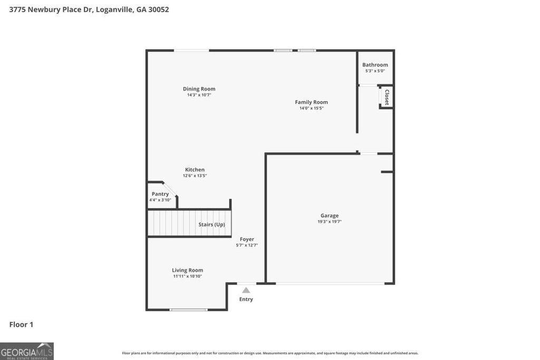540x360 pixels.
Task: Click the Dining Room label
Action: [x=199, y=89]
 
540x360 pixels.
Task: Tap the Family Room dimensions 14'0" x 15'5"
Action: [x=311, y=108]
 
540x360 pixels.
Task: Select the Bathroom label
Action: [x=375, y=65]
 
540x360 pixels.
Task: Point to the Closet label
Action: [x=387, y=98]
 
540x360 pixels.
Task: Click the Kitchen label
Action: [x=195, y=170]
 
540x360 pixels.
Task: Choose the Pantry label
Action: [x=160, y=194]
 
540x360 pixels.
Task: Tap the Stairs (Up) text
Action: [x=211, y=225]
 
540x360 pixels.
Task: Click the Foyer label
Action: [x=247, y=239]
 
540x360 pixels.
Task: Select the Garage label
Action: [x=330, y=216]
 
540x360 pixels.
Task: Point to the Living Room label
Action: [x=187, y=270]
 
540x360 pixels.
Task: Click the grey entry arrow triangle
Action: [x=246, y=290]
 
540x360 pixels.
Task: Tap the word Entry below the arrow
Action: [x=246, y=299]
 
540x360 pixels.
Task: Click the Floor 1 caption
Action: [x=21, y=325]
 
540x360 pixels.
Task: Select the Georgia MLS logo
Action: [x=27, y=351]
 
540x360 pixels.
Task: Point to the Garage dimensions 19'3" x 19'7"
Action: [x=330, y=222]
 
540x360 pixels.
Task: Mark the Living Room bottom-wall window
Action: [x=188, y=310]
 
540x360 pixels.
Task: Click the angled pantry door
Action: [x=170, y=189]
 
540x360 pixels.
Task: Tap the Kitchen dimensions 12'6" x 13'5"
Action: [x=195, y=176]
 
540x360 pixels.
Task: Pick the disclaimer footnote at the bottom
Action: [x=270, y=353]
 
